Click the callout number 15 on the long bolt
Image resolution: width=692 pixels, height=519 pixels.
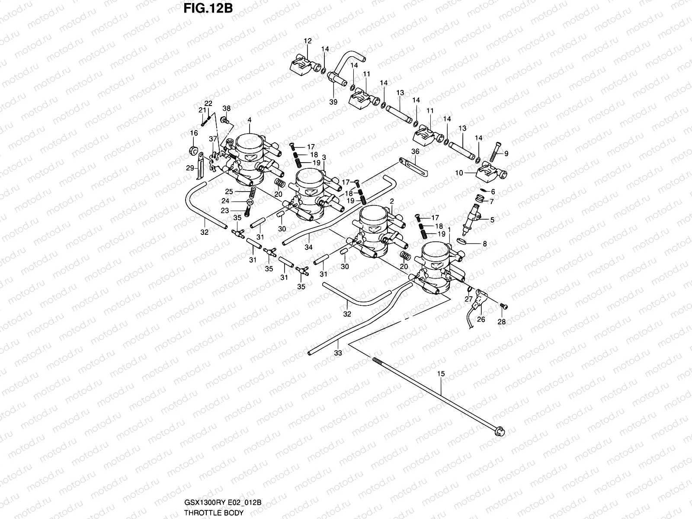point(441,373)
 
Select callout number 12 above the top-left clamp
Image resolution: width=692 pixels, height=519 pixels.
point(308,41)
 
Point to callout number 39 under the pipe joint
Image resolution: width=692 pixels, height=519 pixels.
point(333,102)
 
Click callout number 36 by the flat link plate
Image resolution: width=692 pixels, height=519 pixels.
point(415,152)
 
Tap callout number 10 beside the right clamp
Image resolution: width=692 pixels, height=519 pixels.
point(459,173)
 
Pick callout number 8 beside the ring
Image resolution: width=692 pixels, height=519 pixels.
point(485,244)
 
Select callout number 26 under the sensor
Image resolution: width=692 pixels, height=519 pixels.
point(481,320)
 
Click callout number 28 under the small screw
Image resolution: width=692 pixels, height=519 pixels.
point(501,322)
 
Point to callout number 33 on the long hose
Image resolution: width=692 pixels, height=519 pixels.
point(338,353)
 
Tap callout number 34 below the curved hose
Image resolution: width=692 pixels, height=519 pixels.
point(308,248)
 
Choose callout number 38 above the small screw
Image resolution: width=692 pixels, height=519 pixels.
point(227,108)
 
